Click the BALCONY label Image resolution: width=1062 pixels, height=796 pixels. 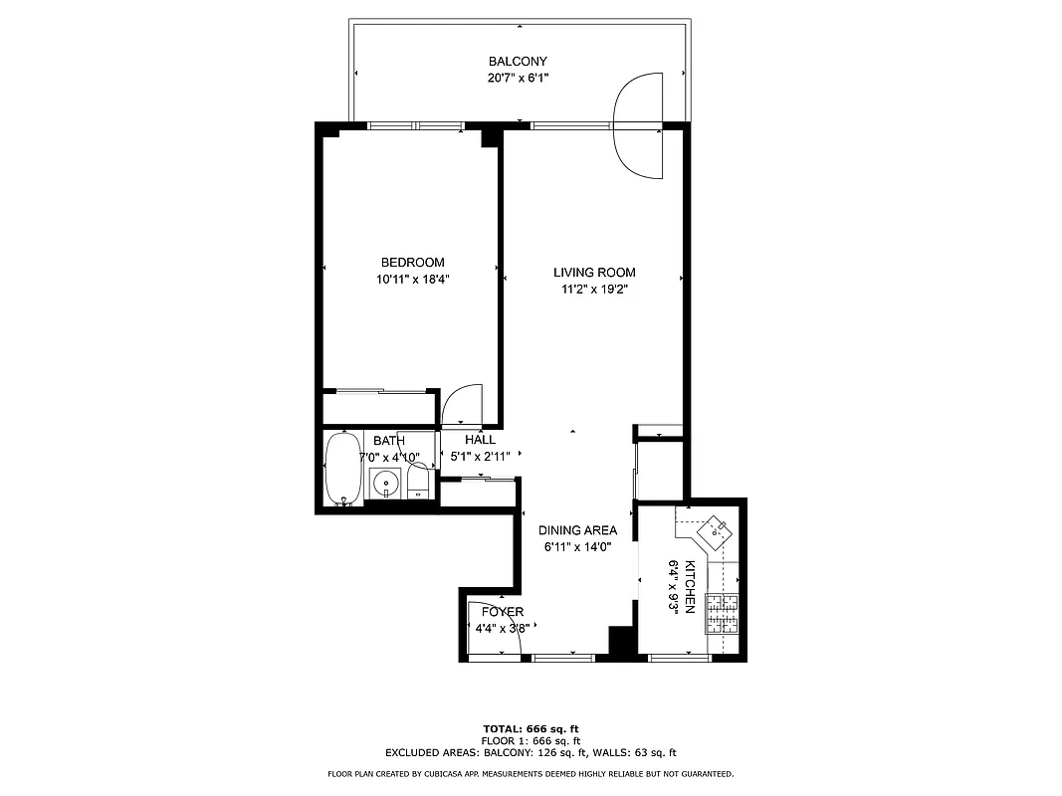(x=518, y=62)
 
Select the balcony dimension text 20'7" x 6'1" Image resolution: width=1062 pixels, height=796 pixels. (x=518, y=78)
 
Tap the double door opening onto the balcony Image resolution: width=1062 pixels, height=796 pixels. (x=639, y=126)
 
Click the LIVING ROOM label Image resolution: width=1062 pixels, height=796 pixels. (x=594, y=273)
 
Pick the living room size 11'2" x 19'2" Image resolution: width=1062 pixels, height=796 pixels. (x=594, y=290)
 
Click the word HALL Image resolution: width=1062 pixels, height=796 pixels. (x=480, y=440)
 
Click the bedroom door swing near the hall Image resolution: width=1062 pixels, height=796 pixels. (x=461, y=405)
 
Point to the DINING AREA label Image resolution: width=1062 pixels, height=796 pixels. (x=578, y=530)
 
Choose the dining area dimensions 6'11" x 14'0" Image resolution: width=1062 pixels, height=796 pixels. (x=577, y=546)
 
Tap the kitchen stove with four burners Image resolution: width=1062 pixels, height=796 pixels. (x=723, y=613)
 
